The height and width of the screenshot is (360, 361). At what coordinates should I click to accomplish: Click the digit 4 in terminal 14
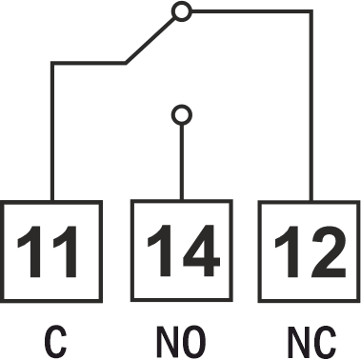click(201, 250)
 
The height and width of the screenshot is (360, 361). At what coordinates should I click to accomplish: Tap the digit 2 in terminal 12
click(328, 251)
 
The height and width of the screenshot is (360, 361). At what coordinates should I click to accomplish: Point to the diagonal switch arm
click(150, 40)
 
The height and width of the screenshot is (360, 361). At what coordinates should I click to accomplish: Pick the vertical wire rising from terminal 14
click(182, 162)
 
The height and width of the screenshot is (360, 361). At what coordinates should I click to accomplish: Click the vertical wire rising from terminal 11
click(52, 131)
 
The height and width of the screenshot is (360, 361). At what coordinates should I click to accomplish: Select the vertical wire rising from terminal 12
click(311, 106)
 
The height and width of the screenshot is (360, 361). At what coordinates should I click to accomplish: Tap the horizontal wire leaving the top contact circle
click(251, 11)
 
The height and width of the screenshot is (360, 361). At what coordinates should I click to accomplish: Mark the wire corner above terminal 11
click(52, 63)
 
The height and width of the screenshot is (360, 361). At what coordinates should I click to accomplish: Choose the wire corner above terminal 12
click(311, 11)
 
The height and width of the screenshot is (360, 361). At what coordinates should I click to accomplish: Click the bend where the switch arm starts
click(126, 63)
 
